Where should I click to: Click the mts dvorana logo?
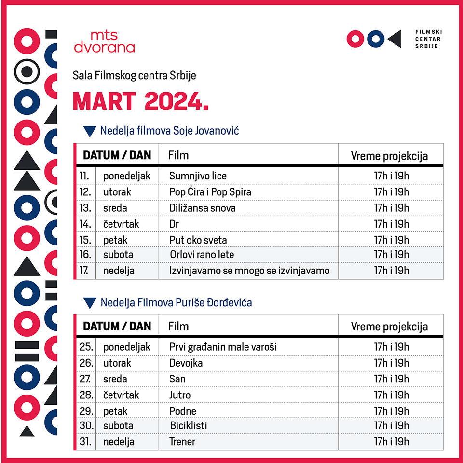104,41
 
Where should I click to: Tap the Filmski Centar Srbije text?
428,39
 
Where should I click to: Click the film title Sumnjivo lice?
198,176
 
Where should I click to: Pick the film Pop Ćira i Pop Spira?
210,192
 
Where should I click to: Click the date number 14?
85,224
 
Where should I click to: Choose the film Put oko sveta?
198,240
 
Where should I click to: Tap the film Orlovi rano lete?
202,254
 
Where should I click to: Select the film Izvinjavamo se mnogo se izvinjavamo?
249,270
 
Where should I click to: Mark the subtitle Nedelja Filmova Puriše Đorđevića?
176,303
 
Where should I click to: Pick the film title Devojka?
186,363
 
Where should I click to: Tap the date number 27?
85,379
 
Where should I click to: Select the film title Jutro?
180,395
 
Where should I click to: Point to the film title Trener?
182,441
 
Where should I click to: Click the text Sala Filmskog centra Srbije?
134,76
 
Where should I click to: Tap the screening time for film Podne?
391,411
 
